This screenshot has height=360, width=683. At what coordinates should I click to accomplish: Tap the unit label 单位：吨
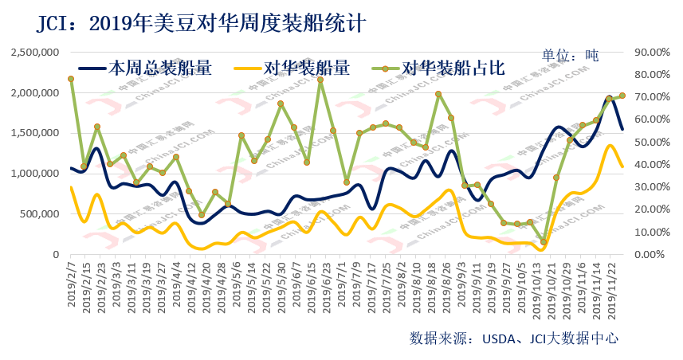pos(570,55)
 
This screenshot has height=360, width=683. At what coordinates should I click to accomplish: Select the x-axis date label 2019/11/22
pos(611,285)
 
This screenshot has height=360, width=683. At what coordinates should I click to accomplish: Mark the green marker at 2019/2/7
pos(71,79)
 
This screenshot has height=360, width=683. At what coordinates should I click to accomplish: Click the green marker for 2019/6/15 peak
pos(320,80)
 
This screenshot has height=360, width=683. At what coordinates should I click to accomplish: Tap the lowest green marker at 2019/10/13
pos(544,241)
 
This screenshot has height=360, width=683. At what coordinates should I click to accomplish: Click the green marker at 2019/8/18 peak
pos(438,94)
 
